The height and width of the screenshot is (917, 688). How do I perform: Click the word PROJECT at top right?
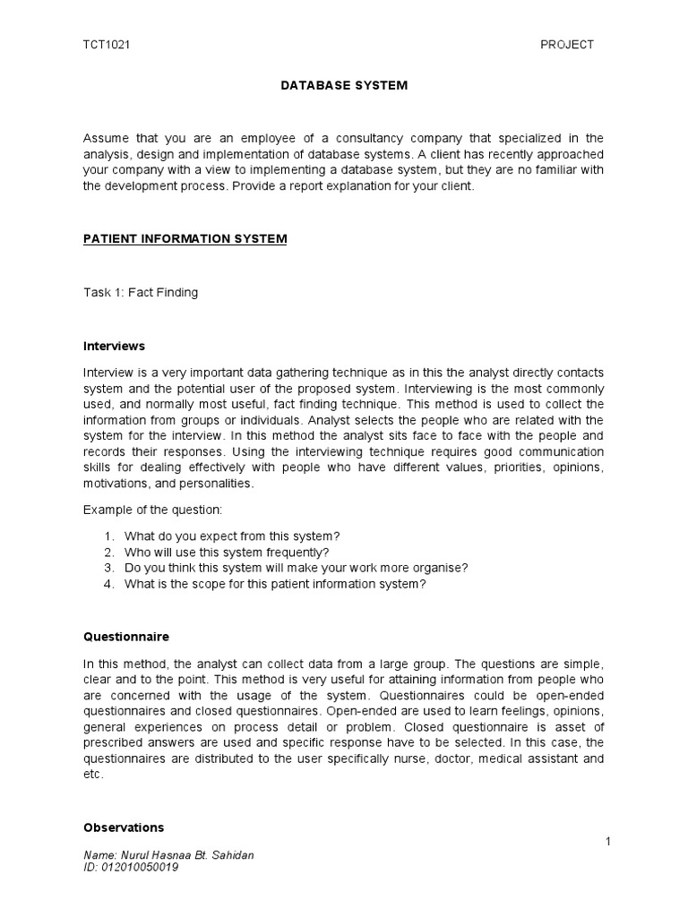click(x=567, y=45)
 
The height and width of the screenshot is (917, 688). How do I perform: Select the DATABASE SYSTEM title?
click(x=344, y=86)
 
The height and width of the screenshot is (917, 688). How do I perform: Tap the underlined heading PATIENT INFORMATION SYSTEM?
click(x=185, y=239)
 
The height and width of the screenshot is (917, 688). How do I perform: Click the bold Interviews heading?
click(x=114, y=346)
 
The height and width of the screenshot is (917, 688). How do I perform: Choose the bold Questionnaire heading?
click(x=126, y=637)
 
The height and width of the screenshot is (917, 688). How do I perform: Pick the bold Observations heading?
click(x=124, y=827)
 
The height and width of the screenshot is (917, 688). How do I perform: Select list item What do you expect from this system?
click(x=233, y=536)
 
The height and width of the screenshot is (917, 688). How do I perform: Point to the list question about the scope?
click(x=276, y=584)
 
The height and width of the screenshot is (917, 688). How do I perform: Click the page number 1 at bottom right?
click(x=606, y=842)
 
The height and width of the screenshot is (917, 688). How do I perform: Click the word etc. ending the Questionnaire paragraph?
click(x=93, y=776)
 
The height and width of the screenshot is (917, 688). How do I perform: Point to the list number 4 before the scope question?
click(x=107, y=584)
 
